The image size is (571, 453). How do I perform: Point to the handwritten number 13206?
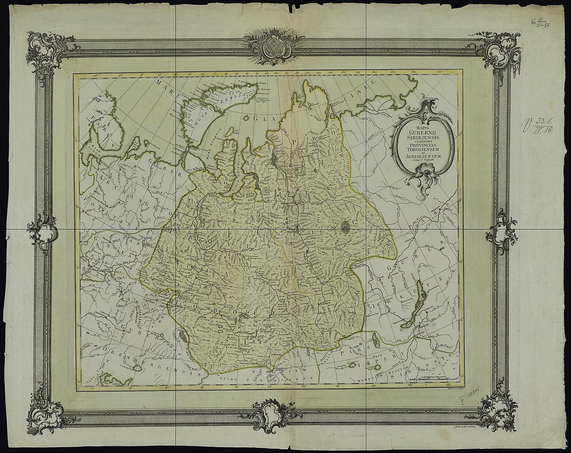point(470,398)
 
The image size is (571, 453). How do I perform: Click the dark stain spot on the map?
point(347,225)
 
